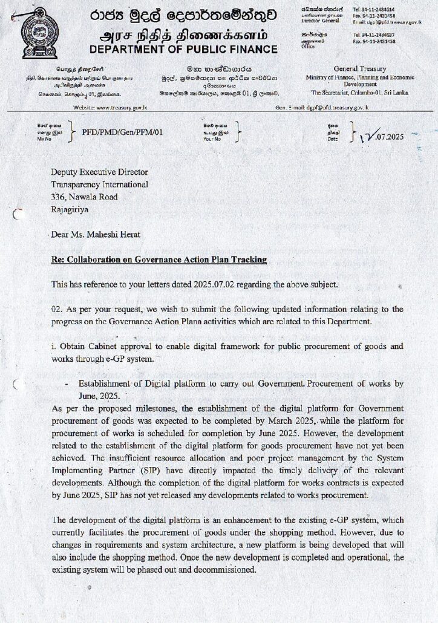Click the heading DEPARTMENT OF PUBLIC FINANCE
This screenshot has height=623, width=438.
pos(183,50)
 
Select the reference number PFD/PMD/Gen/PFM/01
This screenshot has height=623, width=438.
pos(126,131)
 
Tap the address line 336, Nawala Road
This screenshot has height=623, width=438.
pos(85,197)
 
